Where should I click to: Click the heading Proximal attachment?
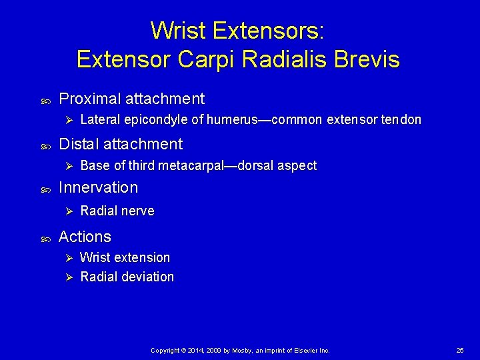click(131, 99)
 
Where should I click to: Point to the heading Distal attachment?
click(121, 144)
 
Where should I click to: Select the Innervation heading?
click(98, 188)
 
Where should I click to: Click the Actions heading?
click(85, 237)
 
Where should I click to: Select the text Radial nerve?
click(117, 211)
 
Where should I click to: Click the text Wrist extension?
click(125, 257)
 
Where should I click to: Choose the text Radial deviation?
click(127, 277)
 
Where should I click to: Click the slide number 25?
click(460, 350)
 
